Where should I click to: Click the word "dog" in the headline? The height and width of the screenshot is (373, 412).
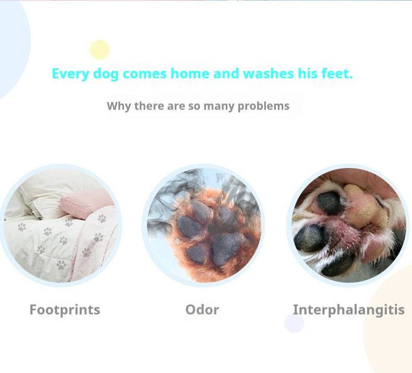point(106,74)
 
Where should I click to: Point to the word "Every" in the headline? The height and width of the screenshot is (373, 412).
point(70,74)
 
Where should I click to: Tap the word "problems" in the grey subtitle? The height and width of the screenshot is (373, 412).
point(263,106)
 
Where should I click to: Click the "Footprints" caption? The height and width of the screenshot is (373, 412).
point(65,310)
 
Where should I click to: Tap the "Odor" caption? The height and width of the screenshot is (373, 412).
point(202,310)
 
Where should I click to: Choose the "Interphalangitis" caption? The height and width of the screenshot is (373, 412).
point(349,310)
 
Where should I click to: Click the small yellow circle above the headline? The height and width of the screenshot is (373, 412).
point(100,50)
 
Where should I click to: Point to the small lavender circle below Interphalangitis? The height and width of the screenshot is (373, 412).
point(294,323)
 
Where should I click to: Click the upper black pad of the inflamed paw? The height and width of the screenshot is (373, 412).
point(330,202)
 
